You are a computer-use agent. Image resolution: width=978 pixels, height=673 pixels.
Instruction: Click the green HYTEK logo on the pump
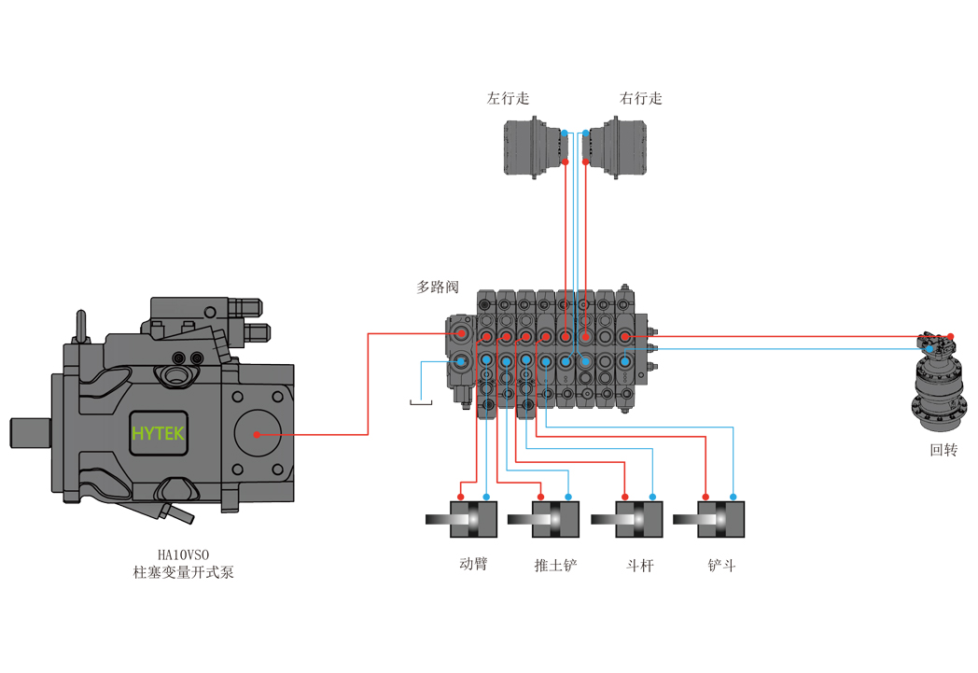[x=158, y=433]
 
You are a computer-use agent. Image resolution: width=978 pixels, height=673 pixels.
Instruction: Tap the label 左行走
[x=508, y=98]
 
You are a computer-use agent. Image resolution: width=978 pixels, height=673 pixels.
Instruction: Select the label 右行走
[x=640, y=98]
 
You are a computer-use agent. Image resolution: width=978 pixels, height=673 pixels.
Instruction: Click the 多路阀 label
[x=438, y=287]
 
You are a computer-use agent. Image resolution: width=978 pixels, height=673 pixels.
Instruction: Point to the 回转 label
[x=943, y=450]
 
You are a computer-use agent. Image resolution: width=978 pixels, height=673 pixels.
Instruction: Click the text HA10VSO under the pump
[x=183, y=554]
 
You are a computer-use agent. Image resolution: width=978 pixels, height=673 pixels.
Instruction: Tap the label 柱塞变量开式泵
[x=183, y=572]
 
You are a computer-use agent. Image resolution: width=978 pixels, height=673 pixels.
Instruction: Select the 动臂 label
[x=473, y=564]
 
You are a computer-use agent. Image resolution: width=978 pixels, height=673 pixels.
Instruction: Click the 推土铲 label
[x=556, y=565]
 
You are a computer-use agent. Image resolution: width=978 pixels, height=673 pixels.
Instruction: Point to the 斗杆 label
[x=640, y=565]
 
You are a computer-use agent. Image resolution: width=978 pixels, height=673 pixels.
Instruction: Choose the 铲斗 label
[x=721, y=565]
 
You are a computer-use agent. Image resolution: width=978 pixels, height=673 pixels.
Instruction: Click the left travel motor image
[x=536, y=147]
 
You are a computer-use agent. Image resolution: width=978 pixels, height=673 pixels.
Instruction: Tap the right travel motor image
[x=614, y=147]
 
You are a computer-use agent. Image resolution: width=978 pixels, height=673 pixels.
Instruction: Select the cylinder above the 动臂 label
[x=462, y=519]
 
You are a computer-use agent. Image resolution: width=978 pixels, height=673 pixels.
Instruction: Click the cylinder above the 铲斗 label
[x=709, y=519]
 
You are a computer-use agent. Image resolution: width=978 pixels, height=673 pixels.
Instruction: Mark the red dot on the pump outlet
[x=257, y=434]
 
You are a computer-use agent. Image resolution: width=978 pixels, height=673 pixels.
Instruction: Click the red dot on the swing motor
[x=951, y=337]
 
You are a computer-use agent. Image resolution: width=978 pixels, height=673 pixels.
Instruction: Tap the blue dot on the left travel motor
[x=565, y=133]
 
